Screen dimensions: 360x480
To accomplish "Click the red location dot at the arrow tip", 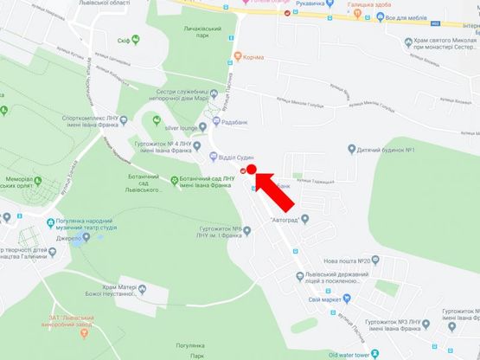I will click(x=253, y=170).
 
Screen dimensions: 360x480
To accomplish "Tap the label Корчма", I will click(x=253, y=58).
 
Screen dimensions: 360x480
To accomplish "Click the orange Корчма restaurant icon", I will click(x=237, y=58).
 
